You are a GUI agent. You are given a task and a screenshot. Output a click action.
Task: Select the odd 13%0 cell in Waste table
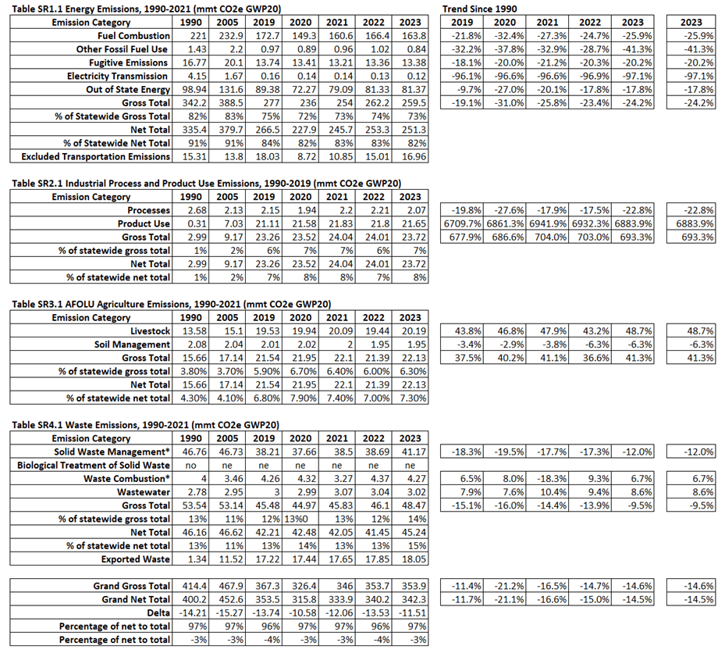[x=300, y=519]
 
